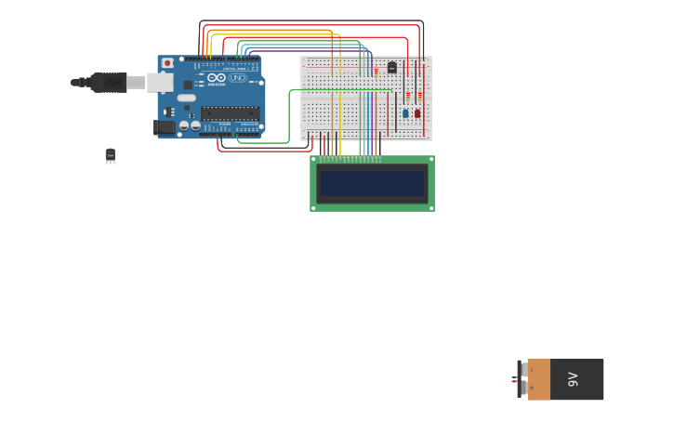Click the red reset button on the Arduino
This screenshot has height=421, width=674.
[167, 63]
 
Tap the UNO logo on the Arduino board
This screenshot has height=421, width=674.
[238, 79]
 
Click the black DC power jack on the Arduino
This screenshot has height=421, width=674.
[164, 126]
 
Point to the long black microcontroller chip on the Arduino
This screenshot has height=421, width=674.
[229, 112]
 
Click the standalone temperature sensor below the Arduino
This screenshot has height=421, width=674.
[111, 155]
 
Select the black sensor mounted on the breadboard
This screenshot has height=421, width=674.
[391, 67]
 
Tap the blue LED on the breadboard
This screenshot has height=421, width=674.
[405, 113]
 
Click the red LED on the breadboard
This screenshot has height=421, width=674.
[417, 113]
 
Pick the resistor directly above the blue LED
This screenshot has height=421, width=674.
[408, 95]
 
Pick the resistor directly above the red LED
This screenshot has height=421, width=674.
[420, 95]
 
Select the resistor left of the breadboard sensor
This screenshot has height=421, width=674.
[376, 71]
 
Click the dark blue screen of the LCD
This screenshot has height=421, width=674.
[372, 183]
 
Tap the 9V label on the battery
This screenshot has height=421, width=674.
[573, 379]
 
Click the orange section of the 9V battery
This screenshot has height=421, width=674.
[539, 379]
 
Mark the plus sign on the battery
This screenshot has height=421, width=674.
[522, 371]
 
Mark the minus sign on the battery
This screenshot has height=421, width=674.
[522, 388]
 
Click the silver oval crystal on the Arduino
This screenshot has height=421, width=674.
[187, 98]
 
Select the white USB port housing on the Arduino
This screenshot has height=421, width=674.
[159, 82]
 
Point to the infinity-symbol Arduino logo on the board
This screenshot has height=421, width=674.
[217, 79]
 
